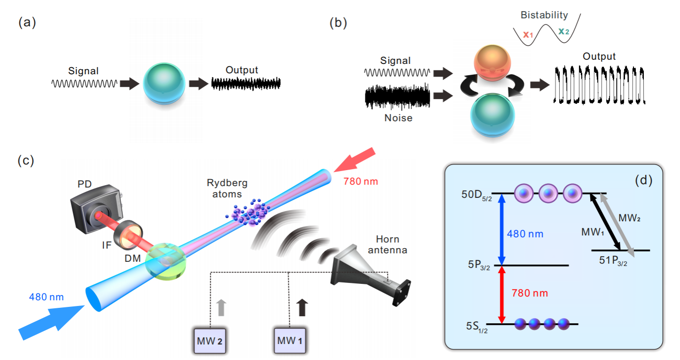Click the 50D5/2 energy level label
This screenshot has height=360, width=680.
point(477,195)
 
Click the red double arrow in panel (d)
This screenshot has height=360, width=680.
point(502,295)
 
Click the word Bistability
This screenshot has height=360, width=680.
point(544,15)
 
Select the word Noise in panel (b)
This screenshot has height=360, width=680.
point(398,118)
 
